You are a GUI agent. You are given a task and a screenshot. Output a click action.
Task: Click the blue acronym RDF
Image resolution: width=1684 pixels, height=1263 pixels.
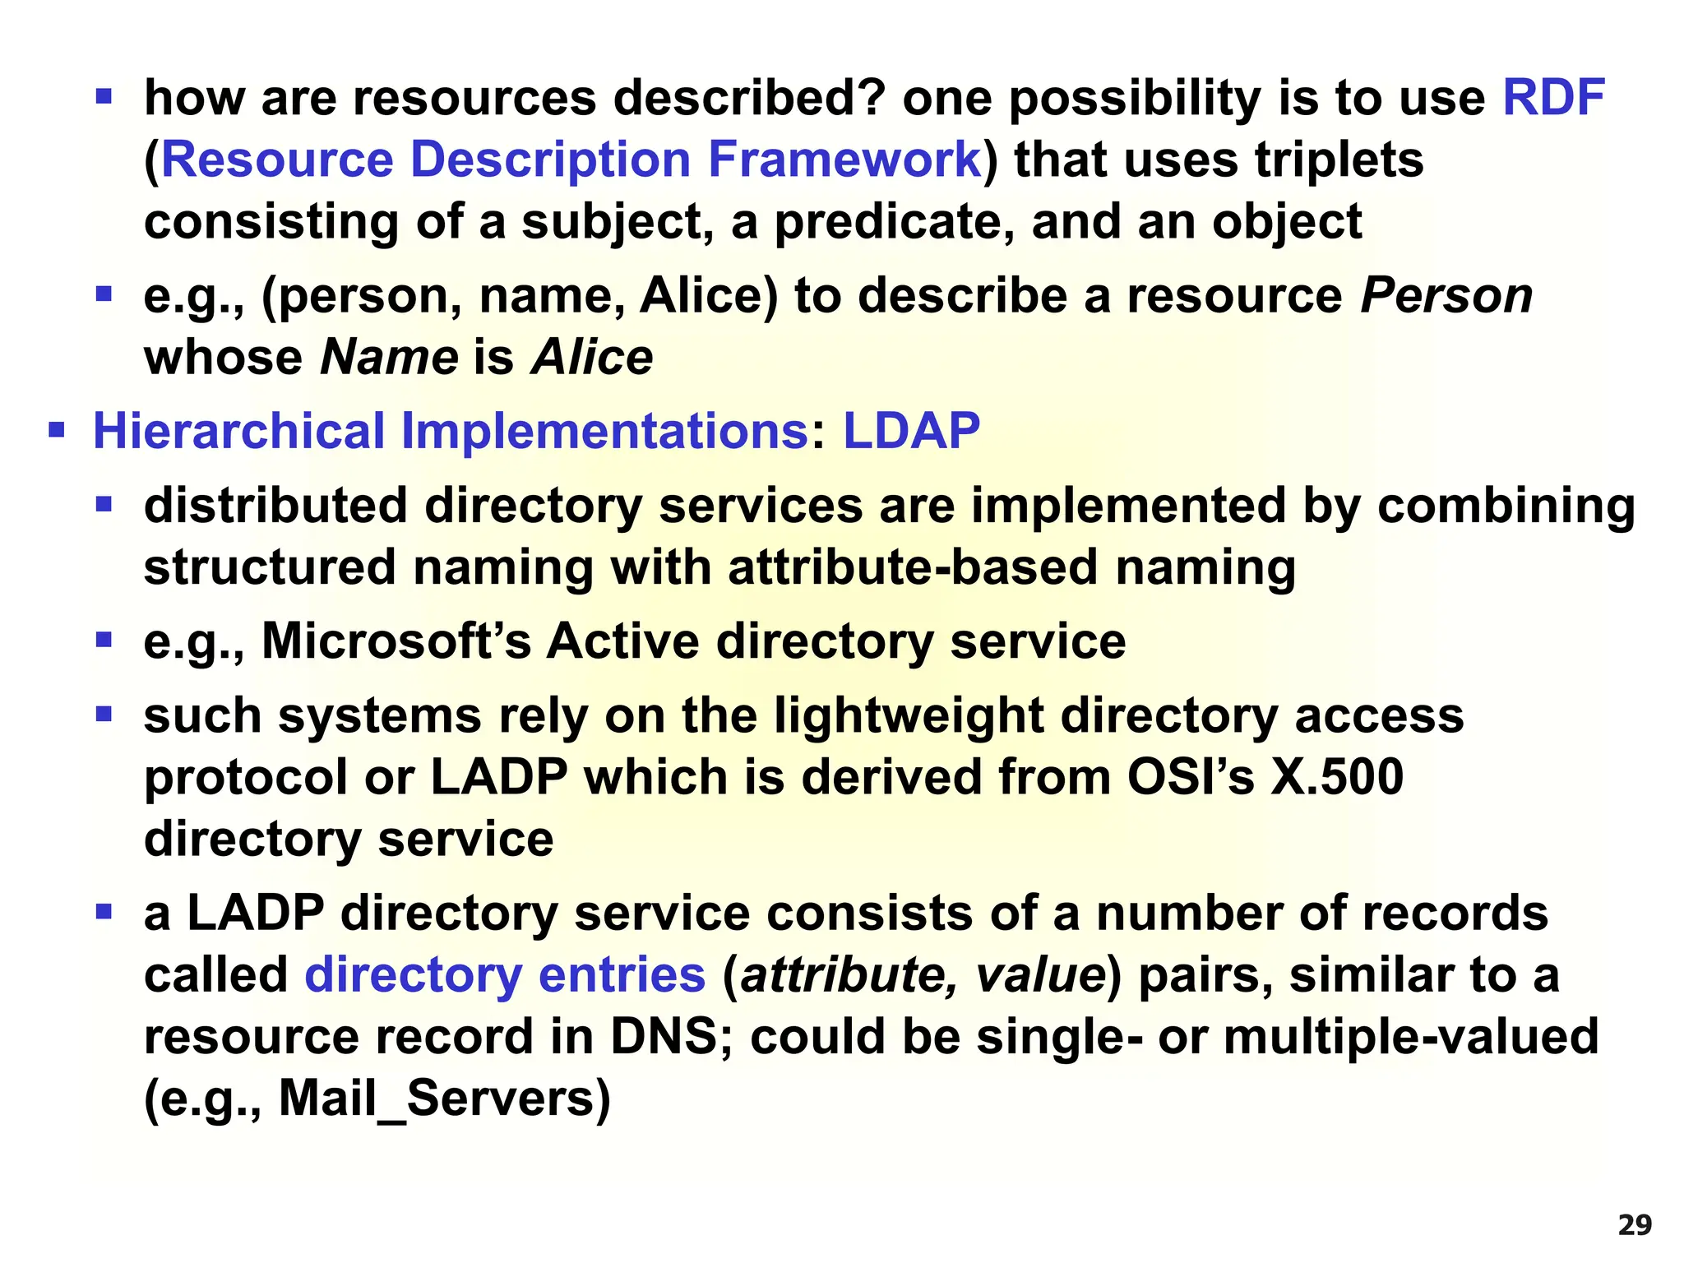click(1552, 98)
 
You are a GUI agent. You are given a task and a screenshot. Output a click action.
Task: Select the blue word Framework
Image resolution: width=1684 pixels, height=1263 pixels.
click(844, 160)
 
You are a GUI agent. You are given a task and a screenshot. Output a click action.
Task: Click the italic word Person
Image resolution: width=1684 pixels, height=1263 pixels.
click(1446, 295)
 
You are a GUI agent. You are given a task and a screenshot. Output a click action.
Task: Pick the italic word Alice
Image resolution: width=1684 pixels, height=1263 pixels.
click(592, 358)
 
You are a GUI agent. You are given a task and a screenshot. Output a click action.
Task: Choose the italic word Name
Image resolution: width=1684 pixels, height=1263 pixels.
click(389, 358)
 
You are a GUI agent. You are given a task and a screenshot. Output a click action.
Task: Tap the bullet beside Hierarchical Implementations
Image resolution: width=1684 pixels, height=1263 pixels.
click(56, 430)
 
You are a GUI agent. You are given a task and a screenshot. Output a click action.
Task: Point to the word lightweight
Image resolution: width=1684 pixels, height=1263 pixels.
click(909, 715)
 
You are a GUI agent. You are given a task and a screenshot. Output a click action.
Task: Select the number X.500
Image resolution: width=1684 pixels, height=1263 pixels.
click(1337, 777)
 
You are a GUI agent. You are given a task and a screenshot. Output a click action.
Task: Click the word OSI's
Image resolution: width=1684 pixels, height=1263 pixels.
click(1190, 777)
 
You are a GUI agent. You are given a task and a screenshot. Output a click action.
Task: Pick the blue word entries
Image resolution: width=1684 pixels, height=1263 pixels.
click(622, 975)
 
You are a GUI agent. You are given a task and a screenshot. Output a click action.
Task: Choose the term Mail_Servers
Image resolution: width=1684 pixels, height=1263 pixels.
click(437, 1099)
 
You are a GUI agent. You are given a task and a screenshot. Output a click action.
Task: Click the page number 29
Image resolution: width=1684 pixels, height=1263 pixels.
click(1635, 1225)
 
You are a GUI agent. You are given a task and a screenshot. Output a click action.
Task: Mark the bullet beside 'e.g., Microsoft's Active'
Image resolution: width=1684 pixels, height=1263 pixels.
click(104, 640)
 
